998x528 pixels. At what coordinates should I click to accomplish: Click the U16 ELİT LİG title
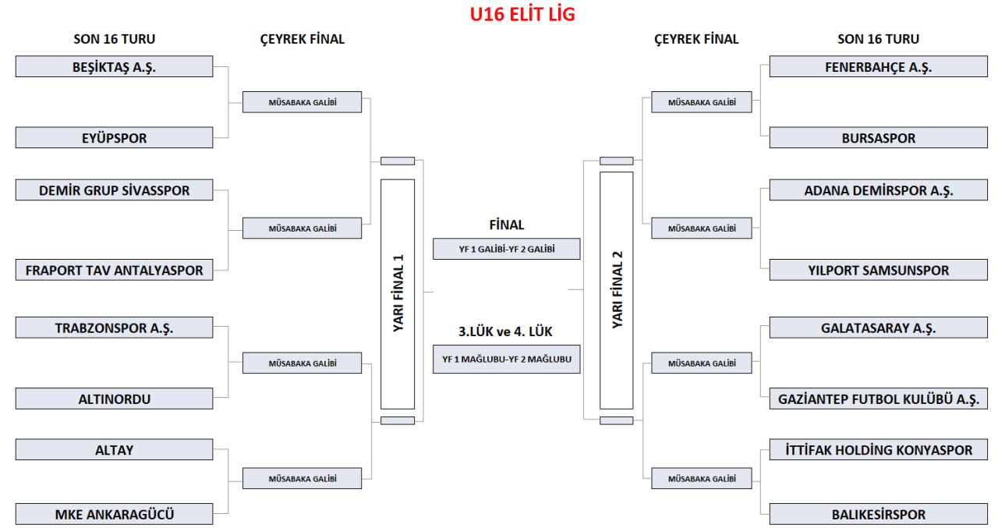click(x=522, y=15)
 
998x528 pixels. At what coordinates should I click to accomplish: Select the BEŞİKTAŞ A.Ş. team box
click(x=114, y=66)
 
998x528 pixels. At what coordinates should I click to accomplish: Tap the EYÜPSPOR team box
click(x=114, y=138)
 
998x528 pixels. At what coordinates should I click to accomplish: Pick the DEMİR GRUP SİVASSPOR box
click(x=114, y=190)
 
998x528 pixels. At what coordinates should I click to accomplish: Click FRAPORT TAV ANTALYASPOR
click(x=114, y=271)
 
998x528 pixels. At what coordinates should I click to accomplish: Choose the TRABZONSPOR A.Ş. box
click(x=114, y=328)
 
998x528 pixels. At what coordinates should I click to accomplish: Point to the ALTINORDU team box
click(x=114, y=399)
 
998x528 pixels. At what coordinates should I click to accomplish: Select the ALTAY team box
click(x=114, y=450)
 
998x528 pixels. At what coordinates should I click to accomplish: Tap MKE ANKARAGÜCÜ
click(x=114, y=514)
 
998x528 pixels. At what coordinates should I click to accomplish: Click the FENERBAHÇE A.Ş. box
click(x=878, y=67)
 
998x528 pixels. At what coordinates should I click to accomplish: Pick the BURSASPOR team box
click(x=878, y=138)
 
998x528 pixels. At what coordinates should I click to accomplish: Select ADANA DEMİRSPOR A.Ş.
click(x=878, y=190)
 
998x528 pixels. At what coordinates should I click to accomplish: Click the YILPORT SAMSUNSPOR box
click(x=878, y=271)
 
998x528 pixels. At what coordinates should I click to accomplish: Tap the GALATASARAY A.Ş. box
click(x=878, y=328)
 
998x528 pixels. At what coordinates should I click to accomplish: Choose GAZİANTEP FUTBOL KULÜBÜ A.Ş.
click(x=878, y=399)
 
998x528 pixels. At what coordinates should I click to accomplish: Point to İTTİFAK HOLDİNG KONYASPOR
click(x=878, y=450)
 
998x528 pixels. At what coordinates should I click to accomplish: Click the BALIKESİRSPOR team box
click(x=878, y=514)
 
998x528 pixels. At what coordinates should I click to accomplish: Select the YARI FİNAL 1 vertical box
click(x=398, y=294)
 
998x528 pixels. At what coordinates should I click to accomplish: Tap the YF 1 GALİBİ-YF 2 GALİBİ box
click(x=507, y=249)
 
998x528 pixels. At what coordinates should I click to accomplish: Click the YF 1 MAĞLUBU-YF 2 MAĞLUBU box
click(x=507, y=359)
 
